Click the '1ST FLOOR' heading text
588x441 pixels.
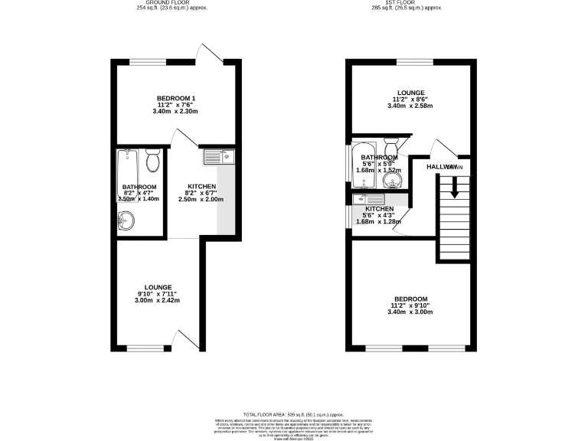tap(407, 2)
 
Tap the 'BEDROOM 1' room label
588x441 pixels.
tap(177, 98)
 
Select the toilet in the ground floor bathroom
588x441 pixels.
tap(152, 161)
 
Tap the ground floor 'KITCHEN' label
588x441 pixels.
tap(202, 187)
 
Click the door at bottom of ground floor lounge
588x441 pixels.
tap(183, 340)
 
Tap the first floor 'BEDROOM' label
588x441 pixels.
tap(411, 299)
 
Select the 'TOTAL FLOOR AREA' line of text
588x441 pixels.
tap(294, 413)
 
